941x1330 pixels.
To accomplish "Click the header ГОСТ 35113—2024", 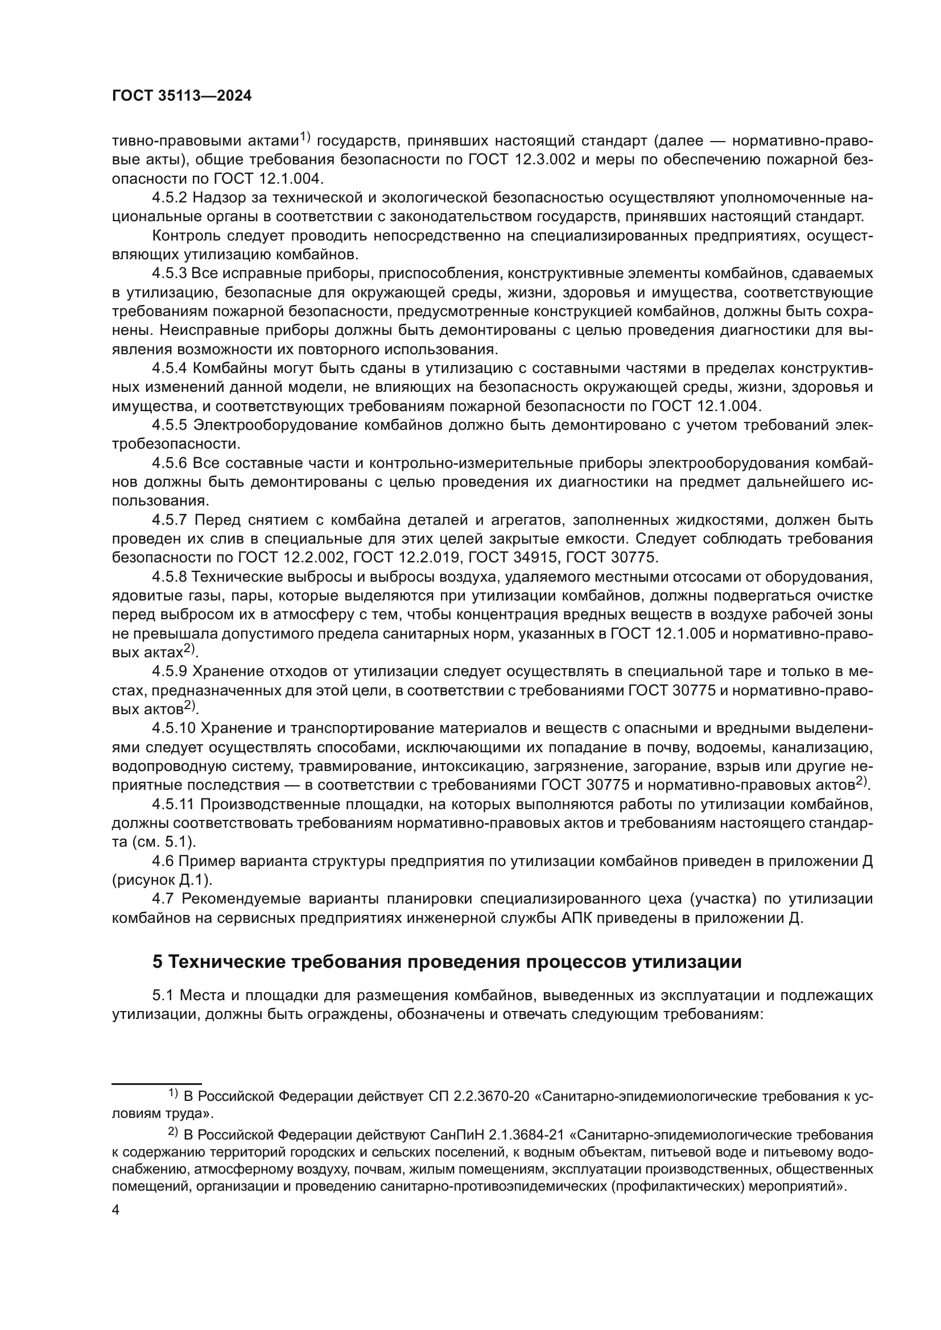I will [x=181, y=96].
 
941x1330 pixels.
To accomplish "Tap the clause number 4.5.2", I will [x=169, y=198].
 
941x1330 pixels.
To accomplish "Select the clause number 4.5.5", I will [x=169, y=425].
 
